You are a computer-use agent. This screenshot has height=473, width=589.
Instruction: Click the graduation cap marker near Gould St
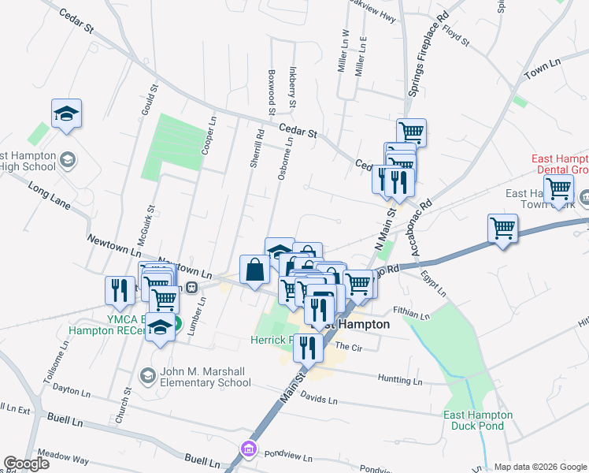pos(67,113)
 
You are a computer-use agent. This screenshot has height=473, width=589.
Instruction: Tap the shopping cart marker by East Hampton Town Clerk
pos(558,188)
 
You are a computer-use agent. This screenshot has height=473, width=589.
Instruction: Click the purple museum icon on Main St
pos(249,449)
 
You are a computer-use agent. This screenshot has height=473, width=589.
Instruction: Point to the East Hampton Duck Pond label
pos(478,420)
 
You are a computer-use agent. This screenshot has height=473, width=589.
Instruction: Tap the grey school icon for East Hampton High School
pos(67,160)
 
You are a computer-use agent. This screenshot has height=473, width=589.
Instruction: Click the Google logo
pos(26,464)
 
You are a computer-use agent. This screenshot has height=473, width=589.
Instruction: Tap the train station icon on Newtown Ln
pos(191,287)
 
